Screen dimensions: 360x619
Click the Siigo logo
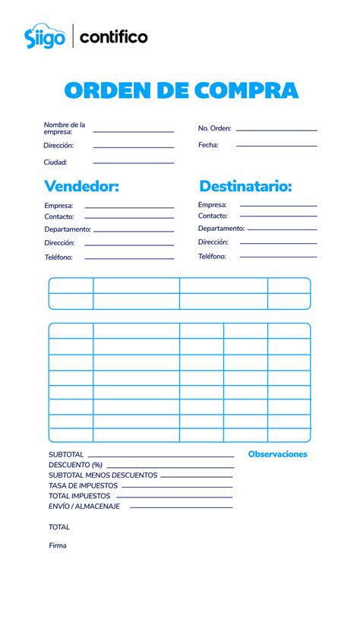(45, 36)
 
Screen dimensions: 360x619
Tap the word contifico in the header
(114, 36)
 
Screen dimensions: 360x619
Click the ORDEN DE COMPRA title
(182, 91)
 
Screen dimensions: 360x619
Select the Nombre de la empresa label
(65, 128)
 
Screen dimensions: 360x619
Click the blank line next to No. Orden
(276, 131)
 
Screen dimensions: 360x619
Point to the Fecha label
(208, 145)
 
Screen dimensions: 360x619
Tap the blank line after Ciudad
(134, 163)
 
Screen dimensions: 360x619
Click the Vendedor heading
(81, 186)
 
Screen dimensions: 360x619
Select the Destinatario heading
(245, 186)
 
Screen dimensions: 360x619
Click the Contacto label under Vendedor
(59, 217)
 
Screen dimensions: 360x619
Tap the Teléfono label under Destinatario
(212, 257)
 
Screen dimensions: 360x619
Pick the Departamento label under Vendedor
(68, 229)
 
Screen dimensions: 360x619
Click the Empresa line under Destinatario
(278, 206)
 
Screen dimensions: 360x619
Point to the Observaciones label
(277, 454)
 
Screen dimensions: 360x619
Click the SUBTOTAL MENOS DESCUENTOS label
(103, 475)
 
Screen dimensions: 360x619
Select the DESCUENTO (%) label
(75, 465)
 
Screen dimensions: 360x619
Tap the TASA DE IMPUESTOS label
(83, 486)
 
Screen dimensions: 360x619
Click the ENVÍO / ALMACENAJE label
(84, 507)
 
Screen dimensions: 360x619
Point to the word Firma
(58, 545)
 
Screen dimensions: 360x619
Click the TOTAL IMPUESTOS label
(80, 496)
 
